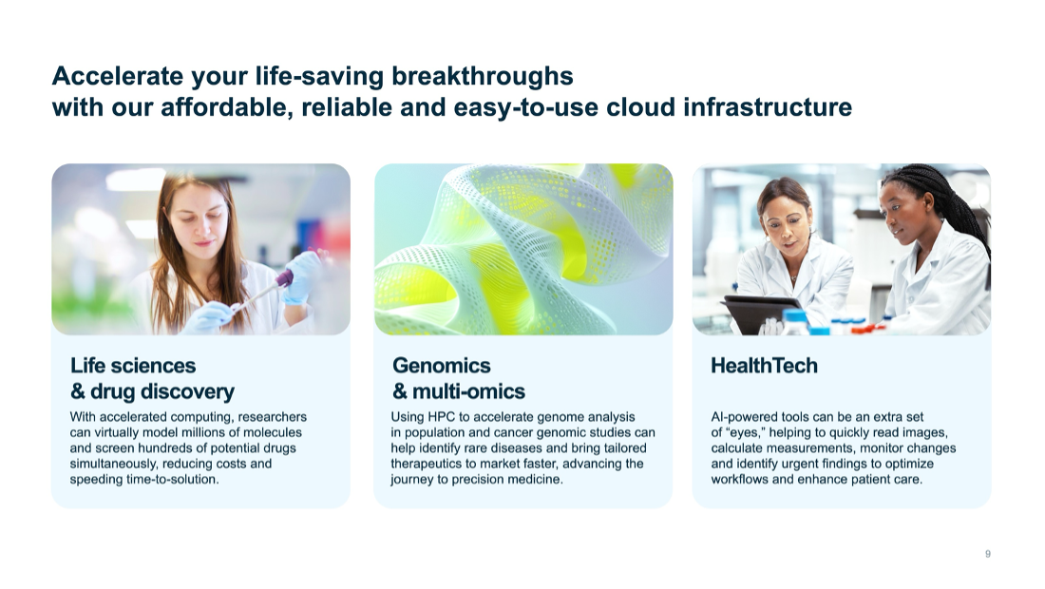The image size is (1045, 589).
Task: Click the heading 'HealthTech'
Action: [764, 366]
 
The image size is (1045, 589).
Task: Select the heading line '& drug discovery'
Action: [152, 391]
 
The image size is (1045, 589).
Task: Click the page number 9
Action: [988, 554]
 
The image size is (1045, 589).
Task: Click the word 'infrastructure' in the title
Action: [767, 107]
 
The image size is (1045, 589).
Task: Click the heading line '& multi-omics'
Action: [459, 391]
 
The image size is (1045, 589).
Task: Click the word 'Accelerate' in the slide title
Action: [113, 75]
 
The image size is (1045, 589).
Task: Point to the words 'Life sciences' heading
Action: [133, 366]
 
